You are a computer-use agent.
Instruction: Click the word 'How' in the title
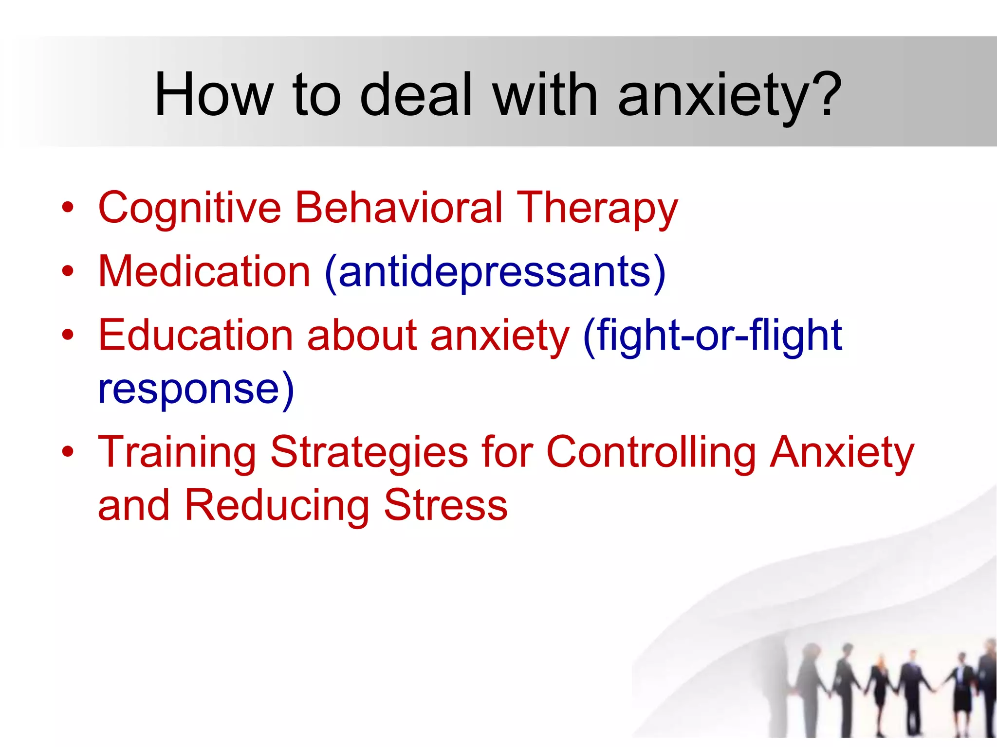[x=213, y=94]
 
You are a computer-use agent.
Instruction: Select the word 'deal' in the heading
[x=416, y=94]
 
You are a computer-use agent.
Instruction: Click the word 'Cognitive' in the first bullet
[x=190, y=208]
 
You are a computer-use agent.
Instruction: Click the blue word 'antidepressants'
[x=495, y=272]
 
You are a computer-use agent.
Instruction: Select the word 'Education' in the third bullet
[x=196, y=335]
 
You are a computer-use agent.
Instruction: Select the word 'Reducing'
[x=277, y=506]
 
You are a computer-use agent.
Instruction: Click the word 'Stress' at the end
[x=445, y=505]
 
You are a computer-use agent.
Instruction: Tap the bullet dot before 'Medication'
[x=68, y=271]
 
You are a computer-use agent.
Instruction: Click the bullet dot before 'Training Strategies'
[x=68, y=452]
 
